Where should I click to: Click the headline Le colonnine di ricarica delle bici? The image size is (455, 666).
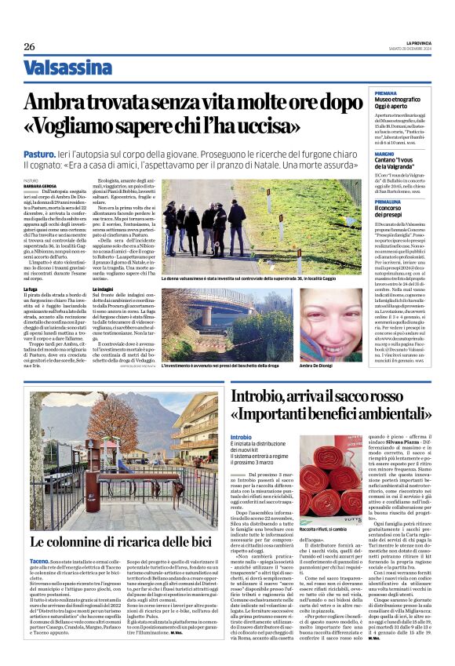click(121, 542)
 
